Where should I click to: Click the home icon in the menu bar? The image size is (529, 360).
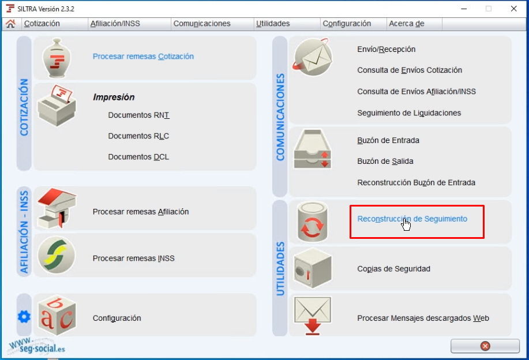tap(10, 24)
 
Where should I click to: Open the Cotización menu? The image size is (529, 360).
tap(42, 24)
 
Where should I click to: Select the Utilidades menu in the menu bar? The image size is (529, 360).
tap(273, 24)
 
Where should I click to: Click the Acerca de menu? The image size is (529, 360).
tap(407, 24)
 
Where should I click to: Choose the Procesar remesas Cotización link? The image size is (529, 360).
tap(143, 57)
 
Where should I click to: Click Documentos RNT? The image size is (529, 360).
tap(138, 115)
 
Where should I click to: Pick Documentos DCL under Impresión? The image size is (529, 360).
tap(138, 157)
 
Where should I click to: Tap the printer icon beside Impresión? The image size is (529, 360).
tap(57, 106)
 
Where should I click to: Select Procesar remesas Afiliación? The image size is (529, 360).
tap(141, 212)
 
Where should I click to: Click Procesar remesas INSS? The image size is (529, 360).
tap(133, 258)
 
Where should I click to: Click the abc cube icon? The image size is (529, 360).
tap(57, 315)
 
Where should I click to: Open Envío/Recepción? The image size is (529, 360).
tap(386, 50)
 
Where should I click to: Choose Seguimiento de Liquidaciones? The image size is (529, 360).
tap(409, 113)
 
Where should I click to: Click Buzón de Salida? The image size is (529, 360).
tap(385, 162)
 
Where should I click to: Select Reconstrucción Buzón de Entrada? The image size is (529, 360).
tap(416, 183)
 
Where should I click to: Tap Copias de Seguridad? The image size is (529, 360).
tap(393, 269)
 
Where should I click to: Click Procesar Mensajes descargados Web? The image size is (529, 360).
tap(423, 318)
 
